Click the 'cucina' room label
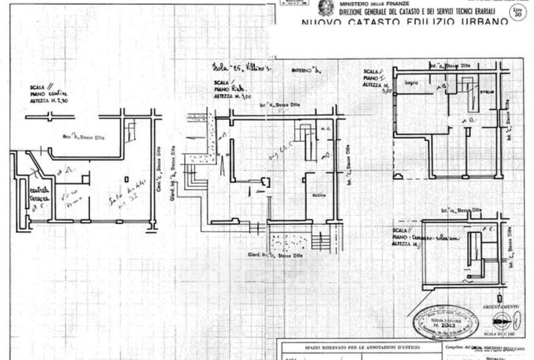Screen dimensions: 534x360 point(318,194)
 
